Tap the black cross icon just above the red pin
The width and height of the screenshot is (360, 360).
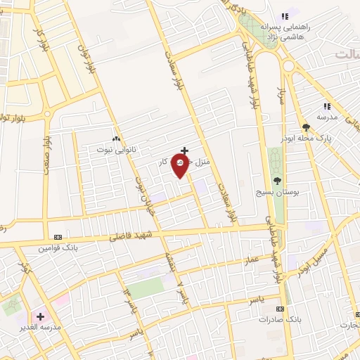184,150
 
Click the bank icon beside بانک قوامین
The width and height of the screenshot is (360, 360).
58,237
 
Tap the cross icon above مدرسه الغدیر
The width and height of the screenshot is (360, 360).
40,316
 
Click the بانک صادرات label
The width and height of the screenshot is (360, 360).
279,319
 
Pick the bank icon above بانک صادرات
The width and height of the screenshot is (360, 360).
280,309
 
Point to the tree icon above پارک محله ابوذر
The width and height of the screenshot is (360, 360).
306,127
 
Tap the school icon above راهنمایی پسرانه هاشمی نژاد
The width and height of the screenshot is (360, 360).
285,16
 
